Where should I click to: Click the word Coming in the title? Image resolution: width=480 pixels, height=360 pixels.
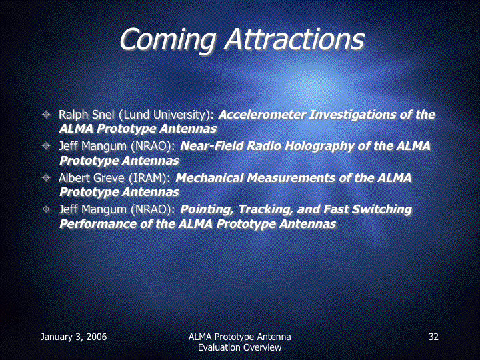[168, 40]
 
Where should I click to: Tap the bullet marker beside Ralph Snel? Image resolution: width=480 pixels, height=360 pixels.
[46, 115]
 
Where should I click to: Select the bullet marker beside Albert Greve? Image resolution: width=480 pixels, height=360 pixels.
[46, 177]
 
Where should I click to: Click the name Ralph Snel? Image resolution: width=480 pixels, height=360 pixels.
[86, 115]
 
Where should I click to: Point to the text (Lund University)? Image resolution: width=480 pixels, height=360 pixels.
[166, 115]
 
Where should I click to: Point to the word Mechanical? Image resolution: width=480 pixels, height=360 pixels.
[209, 178]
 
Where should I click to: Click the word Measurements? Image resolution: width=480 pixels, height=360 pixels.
[291, 178]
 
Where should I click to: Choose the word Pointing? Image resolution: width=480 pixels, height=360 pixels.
[207, 210]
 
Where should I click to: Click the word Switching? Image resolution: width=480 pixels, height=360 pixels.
[382, 210]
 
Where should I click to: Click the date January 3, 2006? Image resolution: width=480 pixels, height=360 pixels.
[73, 337]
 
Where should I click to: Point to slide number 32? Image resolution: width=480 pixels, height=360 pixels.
[433, 337]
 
